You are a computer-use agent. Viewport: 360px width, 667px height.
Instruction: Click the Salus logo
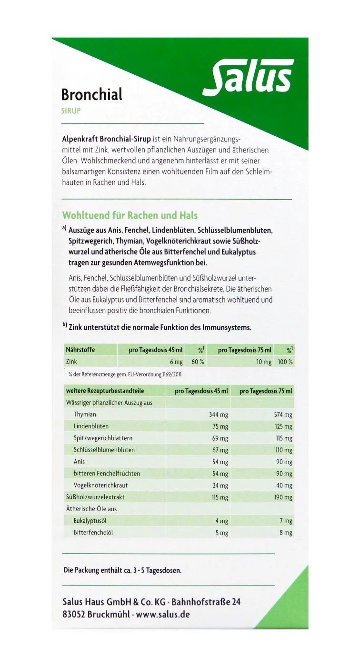click(248, 76)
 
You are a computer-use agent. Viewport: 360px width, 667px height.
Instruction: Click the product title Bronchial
click(92, 94)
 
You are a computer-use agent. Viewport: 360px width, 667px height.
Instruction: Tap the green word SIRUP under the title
click(70, 111)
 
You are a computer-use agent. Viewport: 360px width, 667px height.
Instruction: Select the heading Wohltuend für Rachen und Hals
click(130, 215)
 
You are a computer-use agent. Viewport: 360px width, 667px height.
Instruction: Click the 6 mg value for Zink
click(176, 362)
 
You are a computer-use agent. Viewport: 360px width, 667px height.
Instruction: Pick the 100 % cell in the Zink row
click(285, 362)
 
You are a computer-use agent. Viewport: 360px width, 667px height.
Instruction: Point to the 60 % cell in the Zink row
click(198, 362)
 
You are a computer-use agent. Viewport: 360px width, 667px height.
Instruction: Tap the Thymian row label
click(85, 414)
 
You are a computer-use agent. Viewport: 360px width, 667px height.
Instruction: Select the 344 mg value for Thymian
click(219, 415)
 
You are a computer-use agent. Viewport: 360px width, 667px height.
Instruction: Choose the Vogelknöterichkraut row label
click(100, 485)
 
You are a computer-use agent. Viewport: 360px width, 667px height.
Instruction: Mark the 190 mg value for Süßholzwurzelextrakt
click(283, 497)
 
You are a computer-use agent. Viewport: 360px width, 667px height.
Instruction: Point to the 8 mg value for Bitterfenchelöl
click(286, 533)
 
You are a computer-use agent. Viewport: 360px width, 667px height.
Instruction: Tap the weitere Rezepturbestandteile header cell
click(105, 391)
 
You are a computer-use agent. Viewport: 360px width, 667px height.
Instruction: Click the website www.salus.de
click(163, 615)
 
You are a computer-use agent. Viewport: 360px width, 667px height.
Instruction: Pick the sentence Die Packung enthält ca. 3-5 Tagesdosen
click(122, 570)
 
